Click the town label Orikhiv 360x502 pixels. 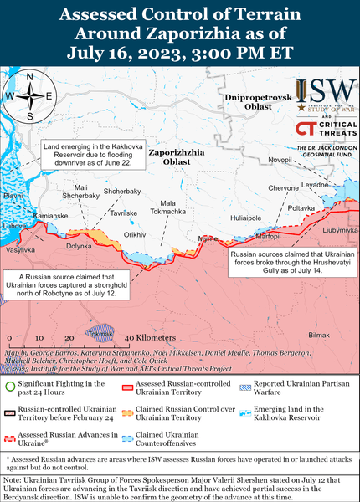(x=135, y=235)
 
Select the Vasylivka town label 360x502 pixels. (x=20, y=249)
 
